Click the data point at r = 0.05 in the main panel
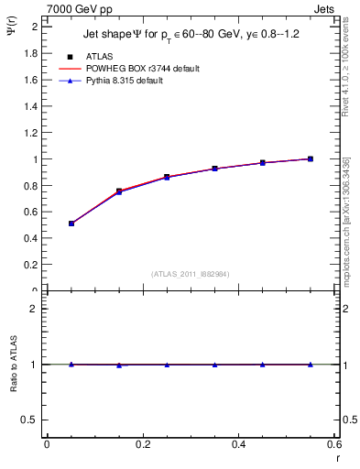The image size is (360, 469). (71, 224)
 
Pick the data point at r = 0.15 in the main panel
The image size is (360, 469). (119, 191)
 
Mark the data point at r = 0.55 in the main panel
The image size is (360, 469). (311, 158)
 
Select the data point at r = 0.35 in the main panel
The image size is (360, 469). (214, 169)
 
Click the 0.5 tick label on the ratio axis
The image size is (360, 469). (29, 420)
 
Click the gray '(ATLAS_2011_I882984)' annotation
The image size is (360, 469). (191, 273)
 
